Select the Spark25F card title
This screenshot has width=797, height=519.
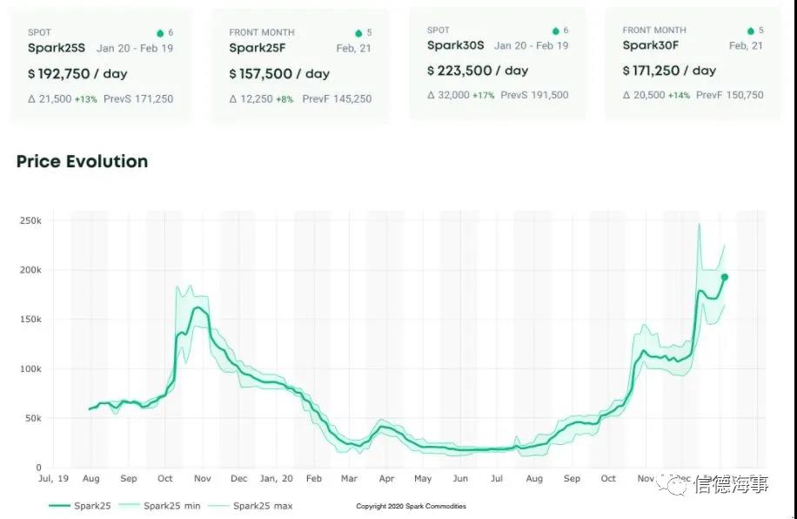point(258,48)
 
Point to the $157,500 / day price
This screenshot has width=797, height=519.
point(279,74)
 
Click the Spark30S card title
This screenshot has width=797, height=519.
point(457,45)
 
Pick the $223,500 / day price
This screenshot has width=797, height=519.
point(478,71)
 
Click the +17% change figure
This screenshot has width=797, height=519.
point(484,95)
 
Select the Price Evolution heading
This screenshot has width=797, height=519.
point(82,161)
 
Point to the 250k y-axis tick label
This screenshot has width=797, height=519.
point(30,221)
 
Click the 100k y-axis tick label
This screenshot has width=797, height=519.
point(30,369)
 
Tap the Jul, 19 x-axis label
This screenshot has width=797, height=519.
point(53,479)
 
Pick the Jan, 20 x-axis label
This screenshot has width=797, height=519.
point(276,479)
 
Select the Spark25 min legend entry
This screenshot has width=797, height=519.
point(171,505)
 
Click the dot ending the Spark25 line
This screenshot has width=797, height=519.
point(724,277)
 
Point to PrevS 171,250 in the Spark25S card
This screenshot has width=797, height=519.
point(138,98)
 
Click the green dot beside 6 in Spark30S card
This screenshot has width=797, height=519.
point(555,31)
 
